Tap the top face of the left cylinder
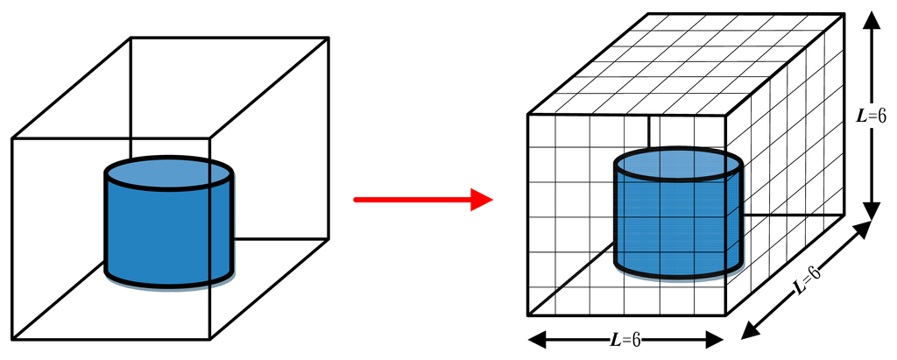point(169,174)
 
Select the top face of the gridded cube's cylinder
point(678,164)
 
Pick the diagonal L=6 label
point(808,279)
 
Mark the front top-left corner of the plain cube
point(11,138)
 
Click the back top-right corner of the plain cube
point(328,37)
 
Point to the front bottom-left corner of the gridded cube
point(527,315)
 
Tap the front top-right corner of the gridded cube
point(726,114)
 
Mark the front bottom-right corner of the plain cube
point(211,339)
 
